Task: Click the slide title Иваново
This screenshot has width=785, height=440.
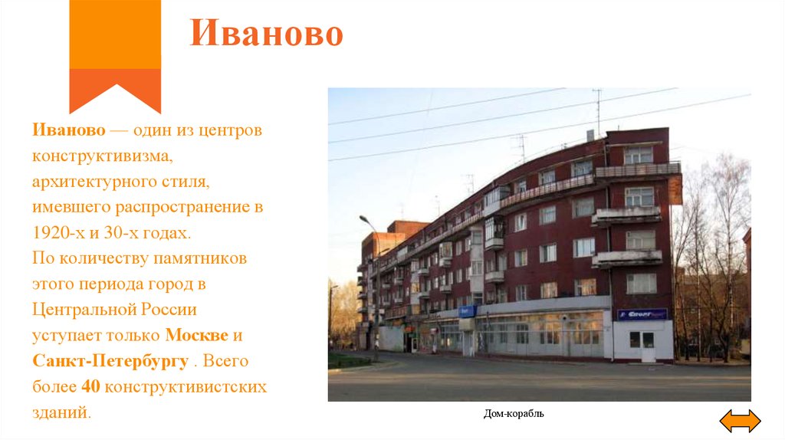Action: pos(266,34)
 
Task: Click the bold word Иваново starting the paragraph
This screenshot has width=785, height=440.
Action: pos(64,131)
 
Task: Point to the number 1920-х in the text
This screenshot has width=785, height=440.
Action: pos(60,232)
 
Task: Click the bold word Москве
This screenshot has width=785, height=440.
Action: pos(195,336)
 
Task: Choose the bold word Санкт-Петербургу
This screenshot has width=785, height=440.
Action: pos(110,361)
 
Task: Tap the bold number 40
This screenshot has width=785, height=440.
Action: pos(90,386)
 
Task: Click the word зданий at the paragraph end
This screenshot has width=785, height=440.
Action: pos(61,412)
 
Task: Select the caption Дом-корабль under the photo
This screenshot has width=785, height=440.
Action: pos(514,414)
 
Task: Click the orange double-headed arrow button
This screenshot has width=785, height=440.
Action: pos(741,421)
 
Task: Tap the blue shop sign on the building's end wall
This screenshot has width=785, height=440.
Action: pos(642,314)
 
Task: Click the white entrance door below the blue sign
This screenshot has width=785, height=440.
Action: pos(648,346)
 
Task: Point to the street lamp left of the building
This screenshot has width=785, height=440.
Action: pos(374,284)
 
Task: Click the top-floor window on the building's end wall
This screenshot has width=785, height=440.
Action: pos(638,155)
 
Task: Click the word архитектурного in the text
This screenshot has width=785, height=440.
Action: pos(99,182)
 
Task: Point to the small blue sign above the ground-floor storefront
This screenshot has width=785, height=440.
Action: pos(467,310)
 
